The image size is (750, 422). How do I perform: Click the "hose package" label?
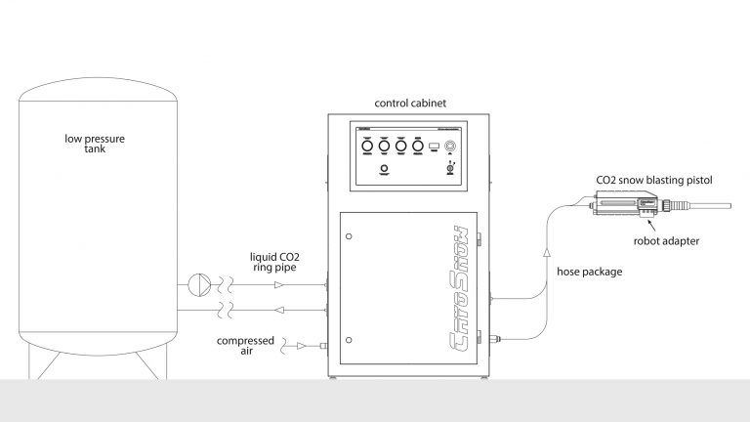[x=588, y=273]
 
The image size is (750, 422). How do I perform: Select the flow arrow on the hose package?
[x=544, y=253]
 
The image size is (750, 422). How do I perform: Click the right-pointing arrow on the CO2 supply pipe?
[x=282, y=285]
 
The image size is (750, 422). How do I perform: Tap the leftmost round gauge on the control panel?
[x=367, y=146]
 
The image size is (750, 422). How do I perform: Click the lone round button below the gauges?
[x=384, y=169]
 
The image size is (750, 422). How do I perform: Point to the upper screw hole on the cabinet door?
[x=350, y=236]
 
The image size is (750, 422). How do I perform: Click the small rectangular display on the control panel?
[x=434, y=147]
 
